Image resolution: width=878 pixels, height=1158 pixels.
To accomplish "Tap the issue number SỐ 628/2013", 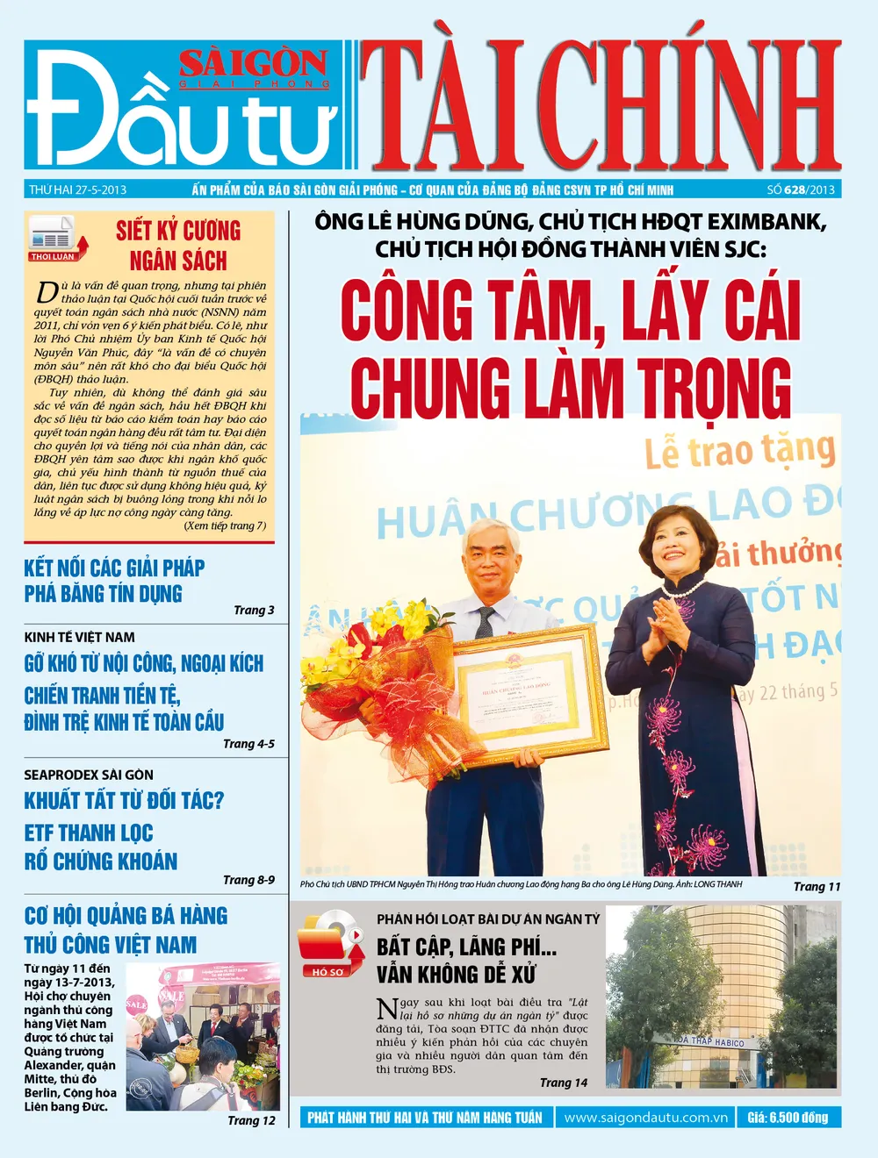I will (800, 189).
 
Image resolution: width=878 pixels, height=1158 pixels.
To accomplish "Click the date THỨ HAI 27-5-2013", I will (77, 189).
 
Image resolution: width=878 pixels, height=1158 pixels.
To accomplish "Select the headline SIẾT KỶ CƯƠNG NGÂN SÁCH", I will (178, 246).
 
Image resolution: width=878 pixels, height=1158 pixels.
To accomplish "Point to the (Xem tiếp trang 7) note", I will (225, 525).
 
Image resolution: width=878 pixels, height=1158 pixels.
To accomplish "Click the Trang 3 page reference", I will (254, 610).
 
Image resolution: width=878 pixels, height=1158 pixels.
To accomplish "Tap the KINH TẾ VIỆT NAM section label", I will (79, 637).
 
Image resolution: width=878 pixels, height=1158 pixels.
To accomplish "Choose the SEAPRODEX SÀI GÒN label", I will (89, 775).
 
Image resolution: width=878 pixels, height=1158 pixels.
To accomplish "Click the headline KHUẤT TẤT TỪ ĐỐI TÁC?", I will (124, 800).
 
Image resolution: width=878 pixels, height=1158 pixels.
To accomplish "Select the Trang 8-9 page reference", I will (248, 879).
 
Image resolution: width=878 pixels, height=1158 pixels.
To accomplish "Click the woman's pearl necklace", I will (683, 590).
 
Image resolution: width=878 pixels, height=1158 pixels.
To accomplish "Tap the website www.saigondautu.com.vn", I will (646, 1118).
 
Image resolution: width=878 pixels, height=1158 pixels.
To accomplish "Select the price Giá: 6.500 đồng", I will (788, 1118).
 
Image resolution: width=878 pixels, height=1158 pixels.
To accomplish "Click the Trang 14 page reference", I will (564, 1083).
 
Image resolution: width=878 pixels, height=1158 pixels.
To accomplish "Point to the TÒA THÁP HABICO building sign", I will (709, 1041).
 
